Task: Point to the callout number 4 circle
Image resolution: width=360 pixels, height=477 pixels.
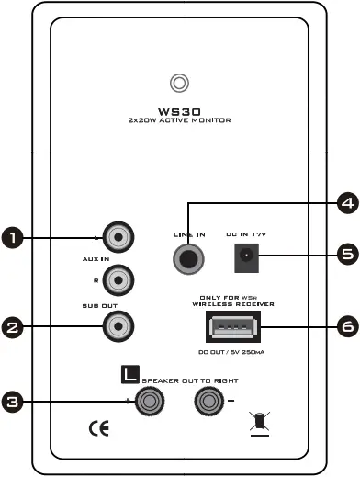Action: pos(346,205)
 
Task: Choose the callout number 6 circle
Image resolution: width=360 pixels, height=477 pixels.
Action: pos(346,325)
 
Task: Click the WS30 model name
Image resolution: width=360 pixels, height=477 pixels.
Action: pos(179,109)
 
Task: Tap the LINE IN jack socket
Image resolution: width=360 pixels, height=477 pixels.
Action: pos(189,258)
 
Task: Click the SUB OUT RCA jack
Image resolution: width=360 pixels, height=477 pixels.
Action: pos(118,324)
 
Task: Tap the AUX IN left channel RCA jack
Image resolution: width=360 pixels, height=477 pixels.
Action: pos(118,239)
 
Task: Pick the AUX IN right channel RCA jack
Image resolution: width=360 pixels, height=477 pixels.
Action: pos(118,276)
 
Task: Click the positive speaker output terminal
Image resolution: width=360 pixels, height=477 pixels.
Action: pos(149,401)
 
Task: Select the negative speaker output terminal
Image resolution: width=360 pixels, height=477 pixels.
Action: pos(208,401)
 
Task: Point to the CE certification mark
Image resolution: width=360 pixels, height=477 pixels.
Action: pos(97,427)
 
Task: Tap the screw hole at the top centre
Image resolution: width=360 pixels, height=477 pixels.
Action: pos(181,83)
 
